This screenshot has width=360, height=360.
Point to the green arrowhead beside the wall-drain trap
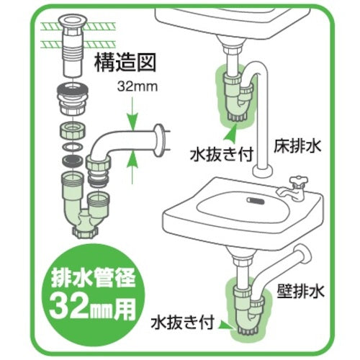point(235,324)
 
